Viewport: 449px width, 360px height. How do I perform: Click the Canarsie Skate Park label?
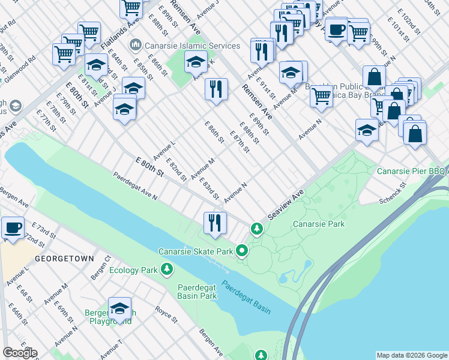(x=195, y=251)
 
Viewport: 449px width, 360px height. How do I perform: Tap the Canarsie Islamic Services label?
(x=184, y=46)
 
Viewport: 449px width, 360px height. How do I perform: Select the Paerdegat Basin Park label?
(x=197, y=292)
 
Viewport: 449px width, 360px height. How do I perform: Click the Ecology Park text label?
(x=132, y=270)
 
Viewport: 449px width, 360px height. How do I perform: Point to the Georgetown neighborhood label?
(x=64, y=259)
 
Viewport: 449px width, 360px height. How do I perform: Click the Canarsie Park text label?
(x=319, y=224)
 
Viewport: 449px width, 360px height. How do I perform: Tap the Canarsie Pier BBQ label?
(x=412, y=172)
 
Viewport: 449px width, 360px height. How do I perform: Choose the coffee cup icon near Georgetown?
(x=13, y=227)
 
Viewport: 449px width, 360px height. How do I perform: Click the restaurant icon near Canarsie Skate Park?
(x=214, y=223)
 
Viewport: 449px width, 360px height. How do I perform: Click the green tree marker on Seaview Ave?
(x=257, y=229)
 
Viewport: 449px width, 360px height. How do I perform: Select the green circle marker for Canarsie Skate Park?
(x=243, y=251)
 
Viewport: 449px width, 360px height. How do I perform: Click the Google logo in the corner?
(x=20, y=353)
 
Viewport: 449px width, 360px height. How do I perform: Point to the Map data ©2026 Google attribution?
(x=411, y=355)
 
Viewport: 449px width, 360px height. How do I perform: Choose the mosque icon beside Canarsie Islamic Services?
(x=135, y=46)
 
